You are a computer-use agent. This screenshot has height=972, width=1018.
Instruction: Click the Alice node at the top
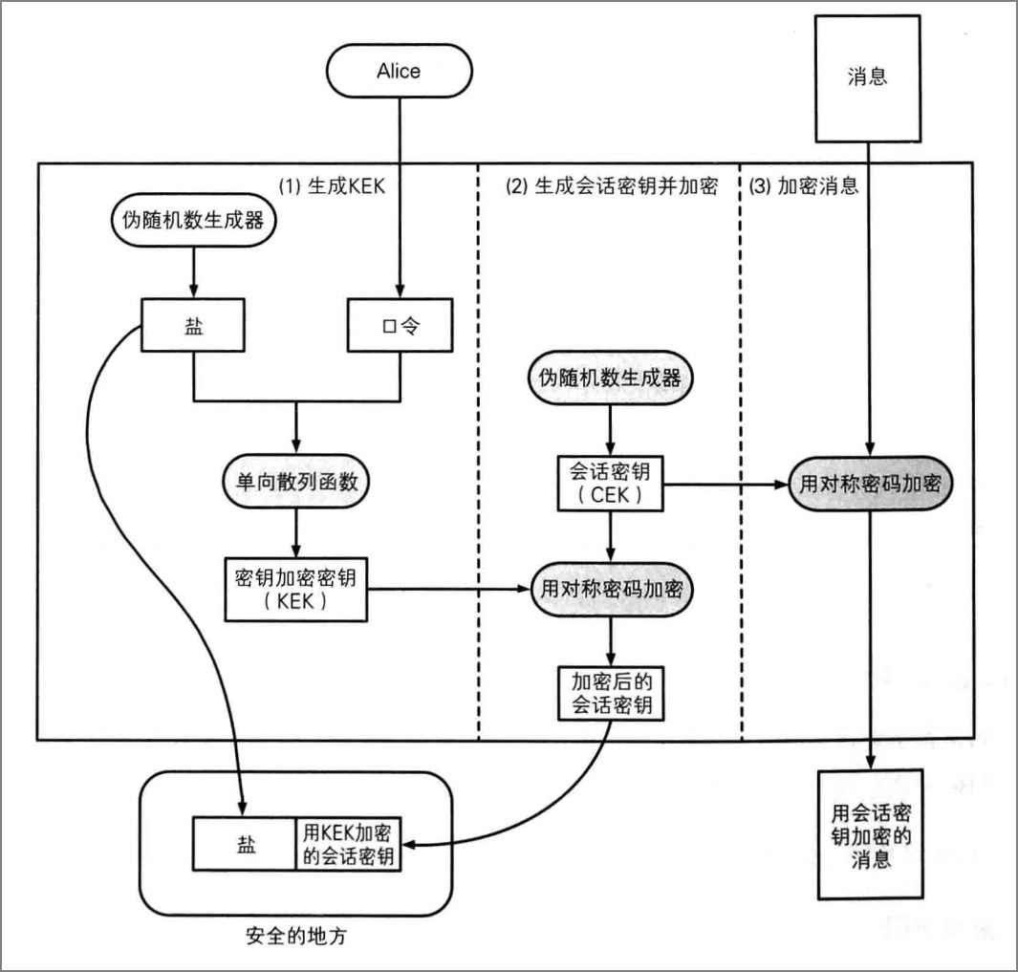pyautogui.click(x=399, y=71)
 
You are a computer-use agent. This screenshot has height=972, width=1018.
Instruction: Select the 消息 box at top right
pyautogui.click(x=867, y=78)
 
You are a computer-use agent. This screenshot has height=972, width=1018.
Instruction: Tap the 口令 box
pyautogui.click(x=400, y=325)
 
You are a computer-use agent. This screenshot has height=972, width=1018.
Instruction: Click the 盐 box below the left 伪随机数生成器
pyautogui.click(x=193, y=325)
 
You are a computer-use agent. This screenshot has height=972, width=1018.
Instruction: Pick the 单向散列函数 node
pyautogui.click(x=296, y=481)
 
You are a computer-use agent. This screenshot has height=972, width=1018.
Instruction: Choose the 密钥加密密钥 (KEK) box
pyautogui.click(x=296, y=590)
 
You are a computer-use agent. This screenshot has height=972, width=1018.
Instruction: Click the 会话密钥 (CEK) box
pyautogui.click(x=610, y=483)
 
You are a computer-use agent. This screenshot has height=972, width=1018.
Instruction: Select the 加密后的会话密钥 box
pyautogui.click(x=610, y=693)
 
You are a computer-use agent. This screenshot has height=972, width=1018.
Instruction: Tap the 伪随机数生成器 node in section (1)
pyautogui.click(x=193, y=220)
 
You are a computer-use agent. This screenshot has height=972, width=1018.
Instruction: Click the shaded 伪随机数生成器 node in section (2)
pyautogui.click(x=610, y=378)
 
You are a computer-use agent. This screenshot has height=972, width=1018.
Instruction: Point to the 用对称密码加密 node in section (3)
pyautogui.click(x=871, y=483)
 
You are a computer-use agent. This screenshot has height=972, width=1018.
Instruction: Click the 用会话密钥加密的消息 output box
pyautogui.click(x=871, y=834)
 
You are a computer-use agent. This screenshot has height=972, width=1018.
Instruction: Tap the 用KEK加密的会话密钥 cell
pyautogui.click(x=348, y=844)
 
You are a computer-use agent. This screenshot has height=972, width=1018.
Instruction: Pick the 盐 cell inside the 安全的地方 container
pyautogui.click(x=245, y=844)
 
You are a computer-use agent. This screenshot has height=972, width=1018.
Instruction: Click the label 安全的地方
pyautogui.click(x=296, y=936)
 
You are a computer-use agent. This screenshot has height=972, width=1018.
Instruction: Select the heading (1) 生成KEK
pyautogui.click(x=332, y=186)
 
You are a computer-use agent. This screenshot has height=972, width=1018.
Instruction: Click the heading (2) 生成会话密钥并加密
pyautogui.click(x=612, y=186)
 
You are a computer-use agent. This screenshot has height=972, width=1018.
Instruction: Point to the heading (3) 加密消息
pyautogui.click(x=804, y=186)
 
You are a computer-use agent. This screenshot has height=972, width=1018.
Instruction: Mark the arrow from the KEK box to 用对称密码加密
pyautogui.click(x=449, y=589)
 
